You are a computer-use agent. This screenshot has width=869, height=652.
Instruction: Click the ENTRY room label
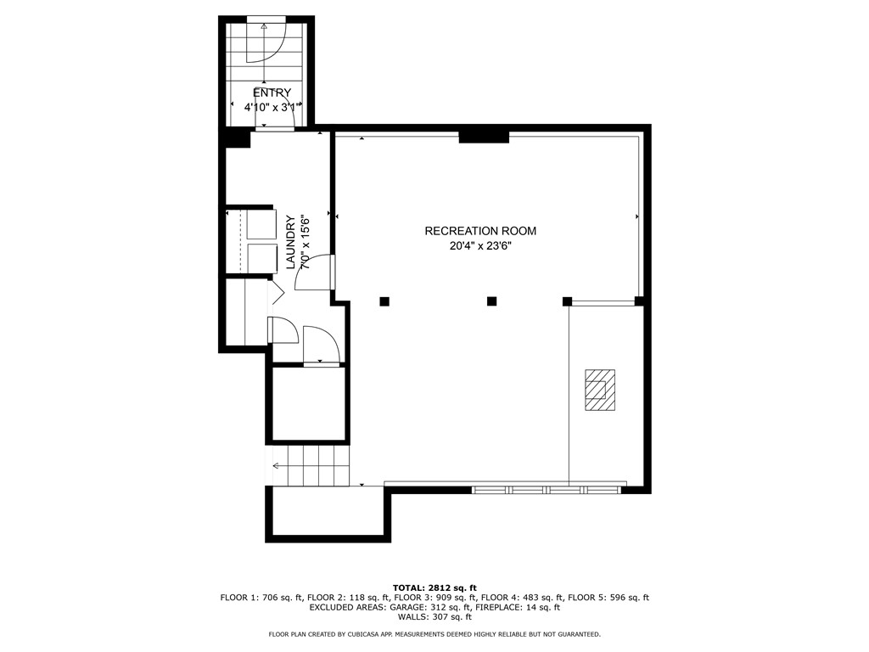click(x=272, y=93)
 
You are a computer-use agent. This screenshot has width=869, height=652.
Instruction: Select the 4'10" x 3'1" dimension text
click(x=270, y=108)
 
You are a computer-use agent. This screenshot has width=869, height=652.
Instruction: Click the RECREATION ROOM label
click(x=480, y=231)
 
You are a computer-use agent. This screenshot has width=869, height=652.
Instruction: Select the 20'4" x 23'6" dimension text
click(x=480, y=246)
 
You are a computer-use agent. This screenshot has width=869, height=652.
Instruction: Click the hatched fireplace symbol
click(x=599, y=390)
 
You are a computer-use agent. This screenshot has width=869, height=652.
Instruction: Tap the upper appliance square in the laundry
click(x=261, y=224)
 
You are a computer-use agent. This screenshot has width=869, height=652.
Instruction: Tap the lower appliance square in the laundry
click(x=261, y=258)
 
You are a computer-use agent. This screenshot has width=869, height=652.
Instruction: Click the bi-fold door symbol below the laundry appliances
click(x=276, y=293)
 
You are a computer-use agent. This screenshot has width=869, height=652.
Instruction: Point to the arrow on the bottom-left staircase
click(x=277, y=465)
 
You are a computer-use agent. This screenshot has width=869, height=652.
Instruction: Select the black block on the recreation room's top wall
click(x=484, y=136)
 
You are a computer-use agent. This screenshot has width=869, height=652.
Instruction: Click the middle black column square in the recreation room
click(x=491, y=301)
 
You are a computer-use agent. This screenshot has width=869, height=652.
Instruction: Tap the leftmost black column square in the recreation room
click(x=384, y=301)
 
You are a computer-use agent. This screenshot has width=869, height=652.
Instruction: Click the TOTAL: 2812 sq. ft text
click(x=434, y=587)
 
